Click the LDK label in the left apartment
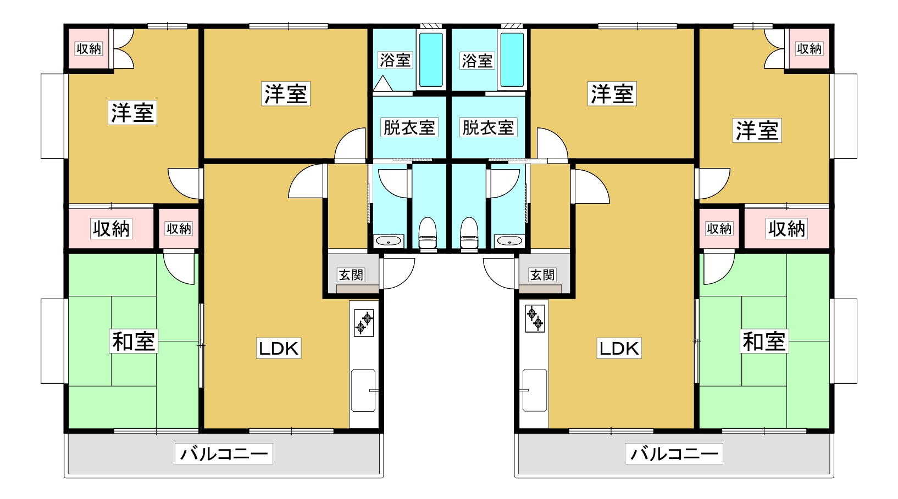279,349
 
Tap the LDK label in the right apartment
619,349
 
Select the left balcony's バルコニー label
224,454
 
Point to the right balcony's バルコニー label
674,454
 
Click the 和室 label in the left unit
134,341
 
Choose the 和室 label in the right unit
764,341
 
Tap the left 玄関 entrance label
351,275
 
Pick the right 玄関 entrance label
542,275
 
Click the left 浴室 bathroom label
395,60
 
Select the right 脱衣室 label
488,128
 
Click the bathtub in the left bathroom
431,60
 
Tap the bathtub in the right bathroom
512,60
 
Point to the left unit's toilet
428,234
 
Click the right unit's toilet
469,234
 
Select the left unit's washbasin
389,240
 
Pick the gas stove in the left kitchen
364,323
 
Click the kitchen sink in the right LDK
535,390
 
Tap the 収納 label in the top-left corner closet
88,49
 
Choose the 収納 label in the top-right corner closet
810,49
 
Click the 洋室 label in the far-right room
757,131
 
